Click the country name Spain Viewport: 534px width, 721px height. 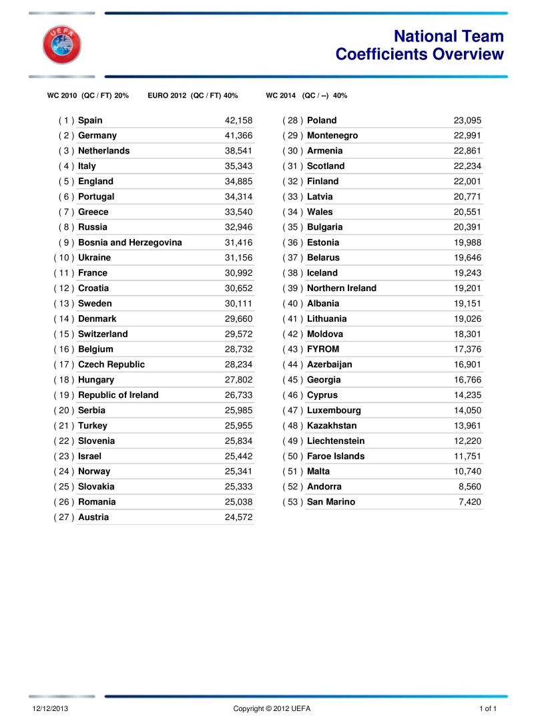tap(90, 121)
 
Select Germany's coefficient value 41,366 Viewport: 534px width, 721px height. tap(239, 136)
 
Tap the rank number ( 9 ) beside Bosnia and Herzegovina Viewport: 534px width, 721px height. tap(65, 242)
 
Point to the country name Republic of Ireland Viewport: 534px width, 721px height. tap(118, 395)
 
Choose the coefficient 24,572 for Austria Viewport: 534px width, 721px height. tap(239, 517)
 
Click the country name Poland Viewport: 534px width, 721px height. tap(322, 121)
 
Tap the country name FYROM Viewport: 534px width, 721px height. tap(323, 349)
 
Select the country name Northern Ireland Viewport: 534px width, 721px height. tap(342, 288)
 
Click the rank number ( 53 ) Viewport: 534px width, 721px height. tap(293, 502)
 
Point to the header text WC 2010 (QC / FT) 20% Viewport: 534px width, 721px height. tap(87, 96)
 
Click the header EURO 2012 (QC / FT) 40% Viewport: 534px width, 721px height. tap(193, 96)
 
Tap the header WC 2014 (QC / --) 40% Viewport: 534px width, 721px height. tap(306, 96)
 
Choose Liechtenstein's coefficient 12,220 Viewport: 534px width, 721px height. tap(467, 441)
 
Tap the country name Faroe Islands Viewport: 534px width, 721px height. tap(336, 457)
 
